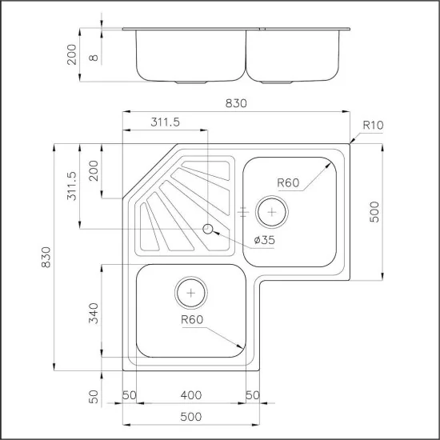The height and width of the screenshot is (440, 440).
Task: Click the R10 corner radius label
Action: click(x=372, y=125)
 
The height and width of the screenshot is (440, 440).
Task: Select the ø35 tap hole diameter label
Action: click(x=266, y=240)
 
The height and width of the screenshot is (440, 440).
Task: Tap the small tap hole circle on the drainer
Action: click(x=209, y=230)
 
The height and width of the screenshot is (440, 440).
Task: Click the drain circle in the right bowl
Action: click(x=273, y=212)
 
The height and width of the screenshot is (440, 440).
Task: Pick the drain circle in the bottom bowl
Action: click(x=191, y=294)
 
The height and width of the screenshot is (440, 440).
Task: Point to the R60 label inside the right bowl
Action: click(x=288, y=183)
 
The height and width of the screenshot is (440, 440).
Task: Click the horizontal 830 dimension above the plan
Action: click(x=236, y=103)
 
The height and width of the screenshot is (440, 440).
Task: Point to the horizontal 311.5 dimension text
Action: click(x=166, y=122)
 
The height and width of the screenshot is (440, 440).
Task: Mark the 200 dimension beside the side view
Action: click(x=72, y=54)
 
